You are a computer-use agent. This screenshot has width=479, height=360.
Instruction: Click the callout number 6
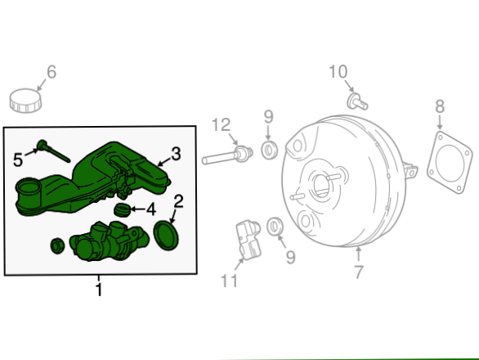coord(51,72)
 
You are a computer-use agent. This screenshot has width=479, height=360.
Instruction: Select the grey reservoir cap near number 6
coord(25,101)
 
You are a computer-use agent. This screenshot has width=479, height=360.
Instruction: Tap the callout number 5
coord(18,160)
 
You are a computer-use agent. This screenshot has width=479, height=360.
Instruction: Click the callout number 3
coord(176,154)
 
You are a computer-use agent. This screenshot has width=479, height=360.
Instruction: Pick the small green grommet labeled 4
coord(123,209)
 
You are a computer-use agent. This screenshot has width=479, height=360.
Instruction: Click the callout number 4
coord(151,209)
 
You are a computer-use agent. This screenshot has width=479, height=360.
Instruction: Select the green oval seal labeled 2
coord(167,235)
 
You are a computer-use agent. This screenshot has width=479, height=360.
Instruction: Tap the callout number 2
coord(178,201)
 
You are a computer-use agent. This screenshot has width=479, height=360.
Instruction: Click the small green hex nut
coord(57,245)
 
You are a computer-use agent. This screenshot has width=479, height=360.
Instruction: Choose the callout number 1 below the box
coord(99,290)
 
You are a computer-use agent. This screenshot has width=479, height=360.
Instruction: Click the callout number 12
coord(221,125)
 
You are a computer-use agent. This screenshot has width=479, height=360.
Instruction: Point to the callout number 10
coord(338,72)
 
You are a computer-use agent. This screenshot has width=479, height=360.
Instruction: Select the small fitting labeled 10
coord(357,101)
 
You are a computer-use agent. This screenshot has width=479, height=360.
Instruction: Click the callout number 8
coord(440,106)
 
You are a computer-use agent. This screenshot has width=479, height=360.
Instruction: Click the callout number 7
coord(360,272)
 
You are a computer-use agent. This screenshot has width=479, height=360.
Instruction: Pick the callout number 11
coord(229,281)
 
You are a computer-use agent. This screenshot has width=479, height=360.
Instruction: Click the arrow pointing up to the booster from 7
coord(359,254)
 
